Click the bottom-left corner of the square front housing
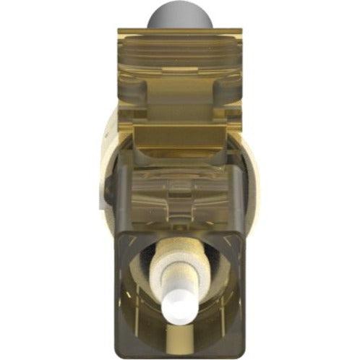(117, 354)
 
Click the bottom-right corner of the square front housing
(244, 354)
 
